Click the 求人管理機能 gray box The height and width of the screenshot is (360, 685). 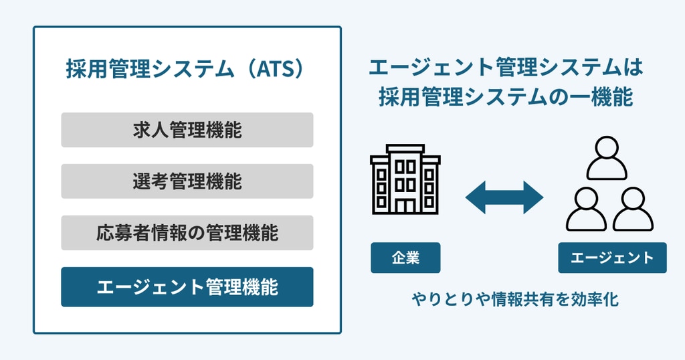[x=187, y=130]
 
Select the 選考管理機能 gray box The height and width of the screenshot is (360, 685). [x=187, y=181]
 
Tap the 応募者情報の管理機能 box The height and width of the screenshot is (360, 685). [x=187, y=233]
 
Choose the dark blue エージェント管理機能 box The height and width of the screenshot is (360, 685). [x=187, y=287]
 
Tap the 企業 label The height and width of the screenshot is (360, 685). [x=405, y=258]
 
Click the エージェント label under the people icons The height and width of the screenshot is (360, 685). [x=612, y=258]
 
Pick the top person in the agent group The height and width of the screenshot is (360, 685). [x=607, y=158]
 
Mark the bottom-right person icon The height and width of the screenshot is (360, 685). [x=632, y=209]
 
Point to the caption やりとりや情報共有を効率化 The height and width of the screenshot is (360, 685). [x=515, y=299]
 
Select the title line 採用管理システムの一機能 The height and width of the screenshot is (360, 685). [x=506, y=98]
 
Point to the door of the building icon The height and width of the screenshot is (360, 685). [x=405, y=203]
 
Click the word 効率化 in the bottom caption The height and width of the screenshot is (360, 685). [x=591, y=299]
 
